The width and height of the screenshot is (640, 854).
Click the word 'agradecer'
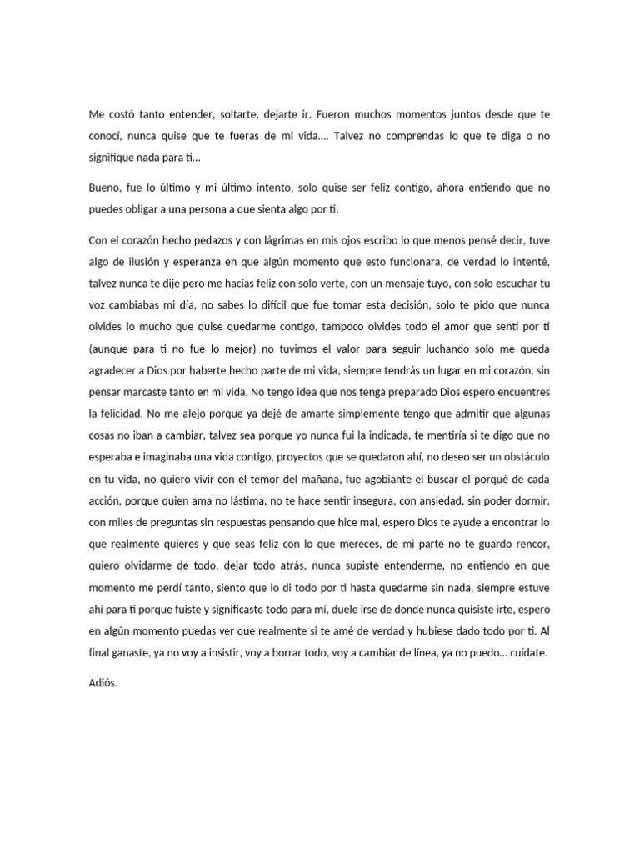[115, 370]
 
